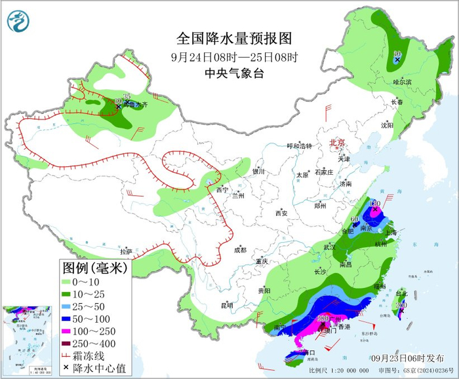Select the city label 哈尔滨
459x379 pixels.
[402, 82]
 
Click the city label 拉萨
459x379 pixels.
[126, 251]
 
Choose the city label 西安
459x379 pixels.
[281, 213]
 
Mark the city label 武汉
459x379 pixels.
[329, 247]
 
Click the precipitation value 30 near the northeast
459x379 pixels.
[397, 53]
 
